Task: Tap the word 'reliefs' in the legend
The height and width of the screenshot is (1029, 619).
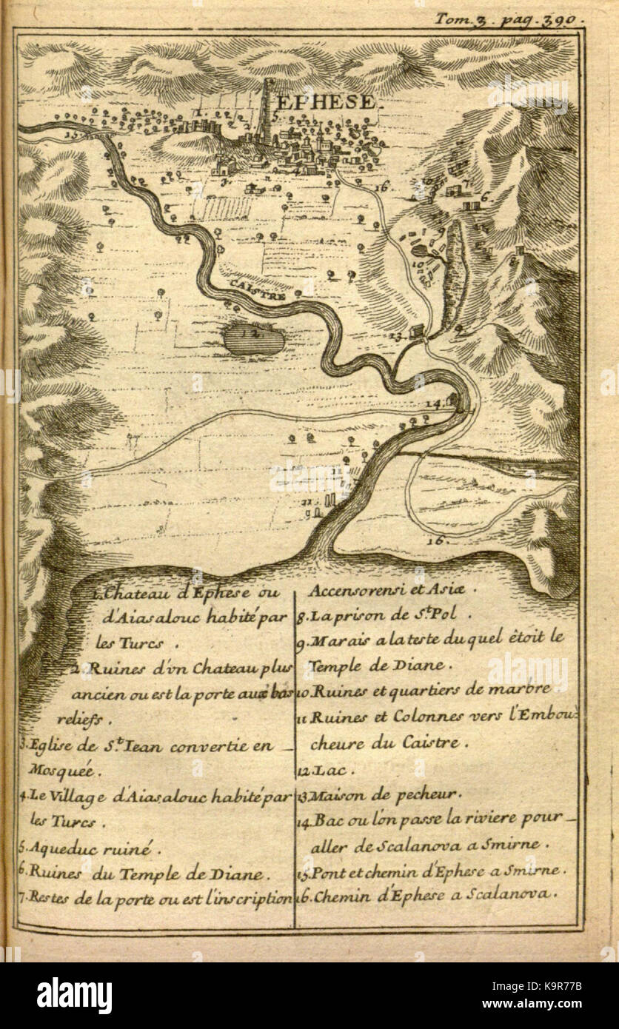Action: pos(84,718)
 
